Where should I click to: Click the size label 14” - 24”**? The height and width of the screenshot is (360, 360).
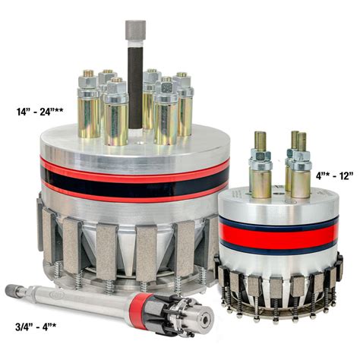click(x=39, y=112)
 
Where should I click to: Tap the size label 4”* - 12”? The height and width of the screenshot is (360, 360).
click(x=334, y=175)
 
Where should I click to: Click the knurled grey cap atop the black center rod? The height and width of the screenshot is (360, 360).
click(x=135, y=30)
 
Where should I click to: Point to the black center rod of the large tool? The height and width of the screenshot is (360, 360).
click(x=135, y=84)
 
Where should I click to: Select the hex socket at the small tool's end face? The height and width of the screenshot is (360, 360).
click(x=205, y=321)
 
